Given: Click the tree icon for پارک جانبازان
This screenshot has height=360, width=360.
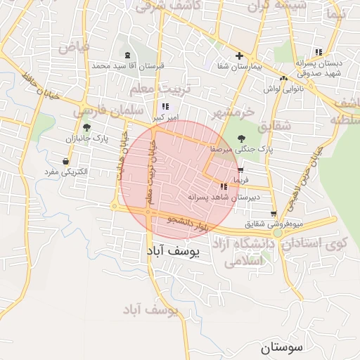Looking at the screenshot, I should pos(86,127).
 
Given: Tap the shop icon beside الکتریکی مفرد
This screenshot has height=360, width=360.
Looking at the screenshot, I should pos(65,161).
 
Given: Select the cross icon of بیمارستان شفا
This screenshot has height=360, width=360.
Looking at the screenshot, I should pos(240,56).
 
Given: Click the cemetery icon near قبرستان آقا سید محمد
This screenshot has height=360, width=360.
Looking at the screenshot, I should pos(127,55).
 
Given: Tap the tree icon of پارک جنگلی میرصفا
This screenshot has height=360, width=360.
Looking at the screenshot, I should pos(241,139).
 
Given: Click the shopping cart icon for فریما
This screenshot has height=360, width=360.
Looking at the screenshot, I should pos(240,170).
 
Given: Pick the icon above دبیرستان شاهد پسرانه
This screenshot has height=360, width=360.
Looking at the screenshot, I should pos(224,186).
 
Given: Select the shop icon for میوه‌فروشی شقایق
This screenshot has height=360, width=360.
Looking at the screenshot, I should pos(274,214).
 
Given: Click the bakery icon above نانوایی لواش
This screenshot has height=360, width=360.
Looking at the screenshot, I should pos(283,78).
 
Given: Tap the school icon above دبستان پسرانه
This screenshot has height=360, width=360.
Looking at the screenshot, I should pos(319,52).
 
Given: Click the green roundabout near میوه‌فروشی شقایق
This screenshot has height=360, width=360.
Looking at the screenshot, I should pos(278,232).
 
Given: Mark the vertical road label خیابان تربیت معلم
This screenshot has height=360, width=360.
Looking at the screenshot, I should pos(149,181).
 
